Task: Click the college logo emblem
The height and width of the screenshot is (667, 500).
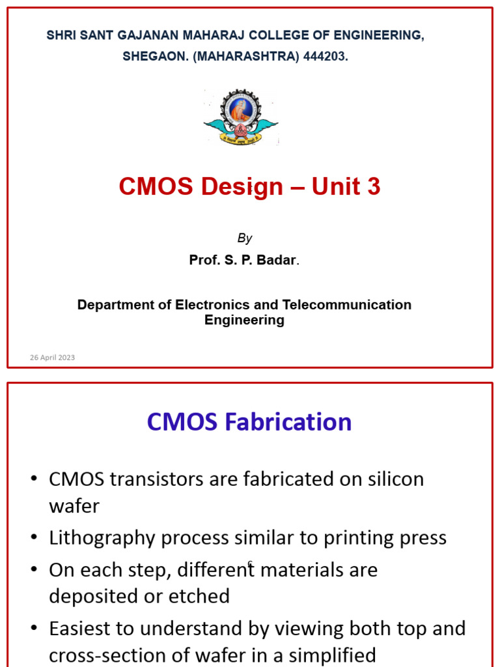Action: [x=241, y=117]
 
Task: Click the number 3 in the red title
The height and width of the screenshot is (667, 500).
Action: [x=373, y=187]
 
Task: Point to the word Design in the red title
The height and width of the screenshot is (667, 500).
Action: [x=242, y=187]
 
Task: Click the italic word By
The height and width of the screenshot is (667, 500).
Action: [x=245, y=238]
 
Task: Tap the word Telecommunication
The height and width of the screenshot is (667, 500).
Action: [x=346, y=305]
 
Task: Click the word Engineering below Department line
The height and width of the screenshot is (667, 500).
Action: [x=244, y=320]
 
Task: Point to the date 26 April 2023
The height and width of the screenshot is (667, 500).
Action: [x=52, y=358]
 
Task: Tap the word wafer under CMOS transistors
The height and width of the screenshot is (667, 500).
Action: [x=74, y=505]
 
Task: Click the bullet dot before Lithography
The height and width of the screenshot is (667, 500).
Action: [x=34, y=538]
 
